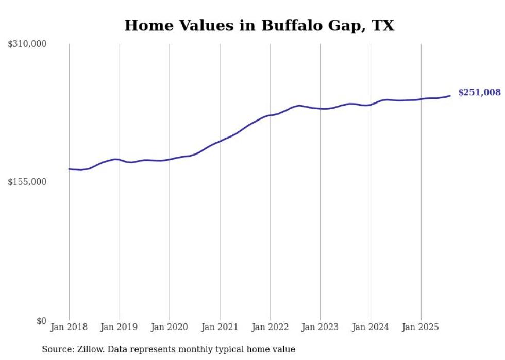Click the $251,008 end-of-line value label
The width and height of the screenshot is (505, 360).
479,93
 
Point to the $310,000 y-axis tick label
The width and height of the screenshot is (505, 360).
27,44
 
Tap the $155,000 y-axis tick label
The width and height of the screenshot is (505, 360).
27,182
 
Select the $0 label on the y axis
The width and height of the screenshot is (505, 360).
42,321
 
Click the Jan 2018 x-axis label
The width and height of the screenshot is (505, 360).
69,327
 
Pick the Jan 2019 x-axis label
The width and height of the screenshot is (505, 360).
120,327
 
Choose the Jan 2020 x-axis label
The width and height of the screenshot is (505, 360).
170,327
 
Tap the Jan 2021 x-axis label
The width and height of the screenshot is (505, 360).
220,327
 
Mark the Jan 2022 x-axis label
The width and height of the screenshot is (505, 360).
270,327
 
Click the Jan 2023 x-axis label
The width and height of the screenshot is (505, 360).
321,327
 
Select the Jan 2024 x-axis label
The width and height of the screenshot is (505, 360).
371,327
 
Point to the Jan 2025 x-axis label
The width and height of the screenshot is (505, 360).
421,327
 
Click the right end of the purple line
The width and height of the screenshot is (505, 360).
450,96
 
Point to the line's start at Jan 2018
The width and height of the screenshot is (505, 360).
69,169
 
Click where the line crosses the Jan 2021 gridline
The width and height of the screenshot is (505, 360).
220,141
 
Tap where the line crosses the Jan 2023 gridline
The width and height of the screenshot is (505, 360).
321,109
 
